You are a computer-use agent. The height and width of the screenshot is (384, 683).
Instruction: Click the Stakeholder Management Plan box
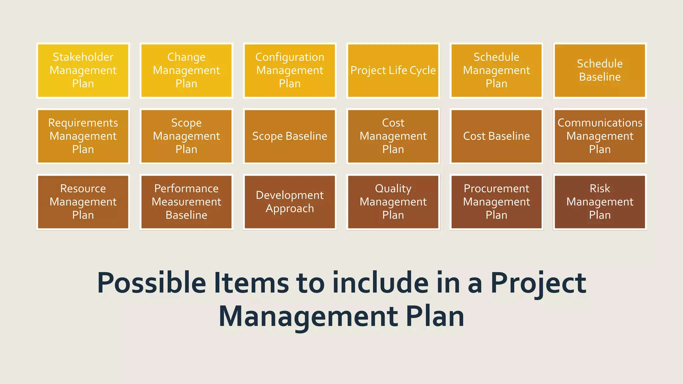(x=83, y=70)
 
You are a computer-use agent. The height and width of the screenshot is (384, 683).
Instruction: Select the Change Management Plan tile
(x=186, y=70)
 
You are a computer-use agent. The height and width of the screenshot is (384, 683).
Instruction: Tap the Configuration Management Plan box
(x=290, y=70)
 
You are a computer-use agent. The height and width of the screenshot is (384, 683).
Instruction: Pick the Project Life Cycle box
(x=393, y=70)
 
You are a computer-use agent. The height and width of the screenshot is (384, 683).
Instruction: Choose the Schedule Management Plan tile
(x=497, y=70)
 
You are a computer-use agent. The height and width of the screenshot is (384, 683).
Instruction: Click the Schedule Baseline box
(x=600, y=70)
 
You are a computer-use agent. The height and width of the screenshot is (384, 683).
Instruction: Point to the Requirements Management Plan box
(x=83, y=136)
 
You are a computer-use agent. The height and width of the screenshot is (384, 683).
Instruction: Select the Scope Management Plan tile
(x=186, y=136)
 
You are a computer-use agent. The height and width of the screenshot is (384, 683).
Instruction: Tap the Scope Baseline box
(x=290, y=136)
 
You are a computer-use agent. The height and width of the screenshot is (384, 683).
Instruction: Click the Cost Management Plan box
(x=393, y=136)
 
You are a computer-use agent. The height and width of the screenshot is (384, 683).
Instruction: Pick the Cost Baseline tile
(x=497, y=136)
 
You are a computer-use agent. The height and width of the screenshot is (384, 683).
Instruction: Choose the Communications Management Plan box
(x=600, y=136)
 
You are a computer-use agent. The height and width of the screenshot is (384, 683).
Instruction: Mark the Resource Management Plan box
(x=83, y=202)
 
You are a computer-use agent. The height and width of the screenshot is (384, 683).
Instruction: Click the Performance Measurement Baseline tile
(x=186, y=202)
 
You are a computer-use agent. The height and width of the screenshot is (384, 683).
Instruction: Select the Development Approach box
(x=290, y=202)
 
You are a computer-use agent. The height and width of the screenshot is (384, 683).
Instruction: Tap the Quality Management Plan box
(x=393, y=202)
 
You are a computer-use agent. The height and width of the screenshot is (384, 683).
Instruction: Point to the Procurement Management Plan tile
(x=497, y=202)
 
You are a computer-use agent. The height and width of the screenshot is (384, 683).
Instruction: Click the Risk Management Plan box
(x=600, y=202)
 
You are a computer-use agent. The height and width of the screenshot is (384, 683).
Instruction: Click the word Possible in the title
(x=152, y=283)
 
